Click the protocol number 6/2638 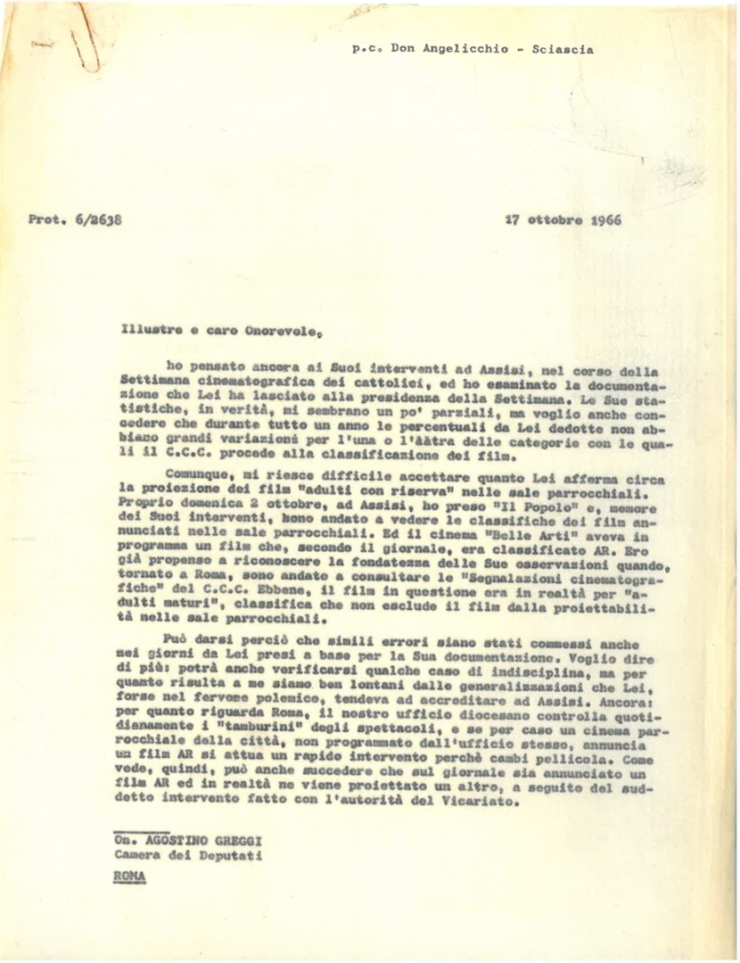(99, 218)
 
